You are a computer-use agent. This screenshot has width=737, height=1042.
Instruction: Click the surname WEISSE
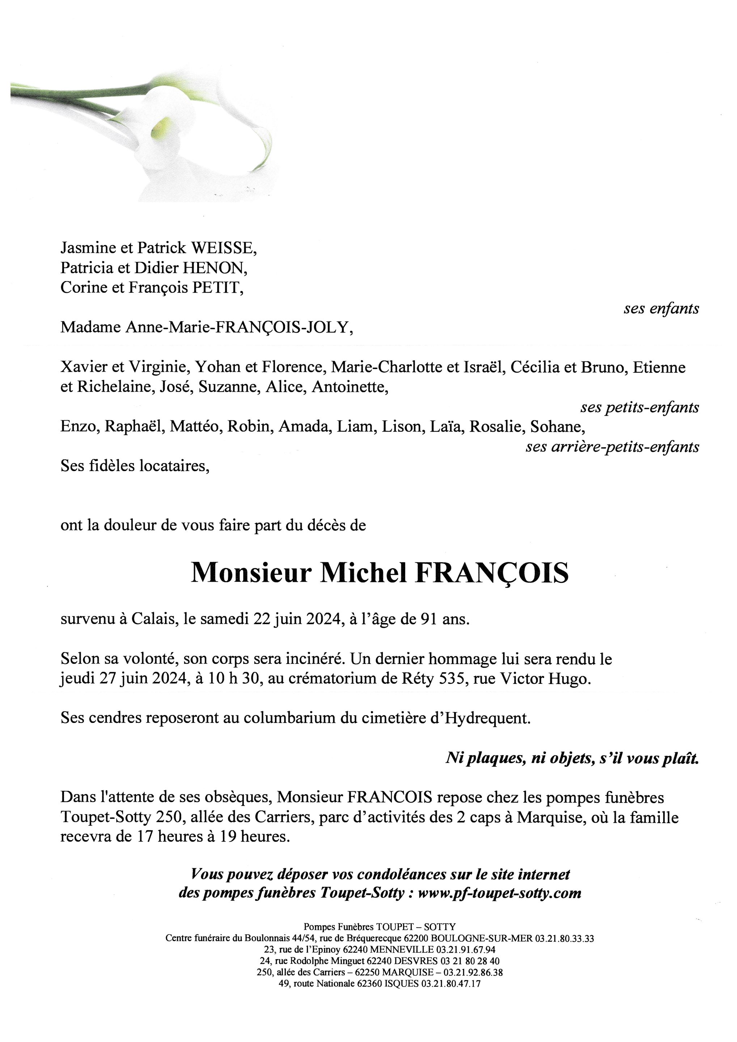pos(223,248)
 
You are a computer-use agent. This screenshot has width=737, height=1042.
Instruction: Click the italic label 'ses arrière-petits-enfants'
pos(612,447)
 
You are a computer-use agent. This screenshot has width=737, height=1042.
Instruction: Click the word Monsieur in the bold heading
pos(251,573)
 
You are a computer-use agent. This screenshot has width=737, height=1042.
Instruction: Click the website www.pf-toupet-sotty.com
pos(499,893)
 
